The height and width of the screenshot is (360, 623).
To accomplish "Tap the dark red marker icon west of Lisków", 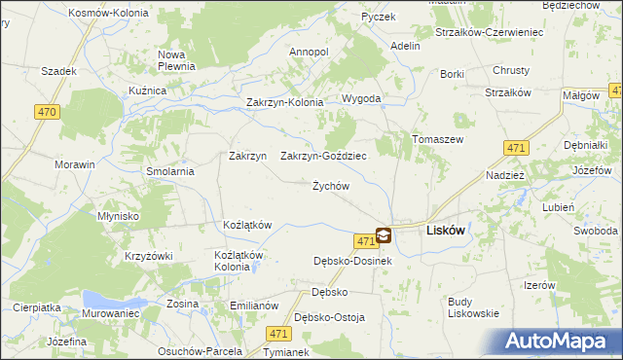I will pyautogui.click(x=384, y=235).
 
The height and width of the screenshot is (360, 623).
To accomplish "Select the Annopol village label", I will pyautogui.click(x=310, y=51).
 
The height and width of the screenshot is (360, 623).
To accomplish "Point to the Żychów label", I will pyautogui.click(x=330, y=186).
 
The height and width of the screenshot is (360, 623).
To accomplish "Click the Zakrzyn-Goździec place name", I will pyautogui.click(x=323, y=156).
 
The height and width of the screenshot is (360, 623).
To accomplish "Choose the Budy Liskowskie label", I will pyautogui.click(x=473, y=307).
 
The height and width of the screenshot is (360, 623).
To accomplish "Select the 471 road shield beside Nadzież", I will pyautogui.click(x=517, y=148).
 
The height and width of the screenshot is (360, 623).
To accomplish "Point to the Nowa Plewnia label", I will pyautogui.click(x=178, y=60).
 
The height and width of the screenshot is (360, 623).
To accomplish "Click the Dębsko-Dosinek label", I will pyautogui.click(x=352, y=261).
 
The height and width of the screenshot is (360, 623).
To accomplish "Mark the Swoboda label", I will pyautogui.click(x=595, y=231).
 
